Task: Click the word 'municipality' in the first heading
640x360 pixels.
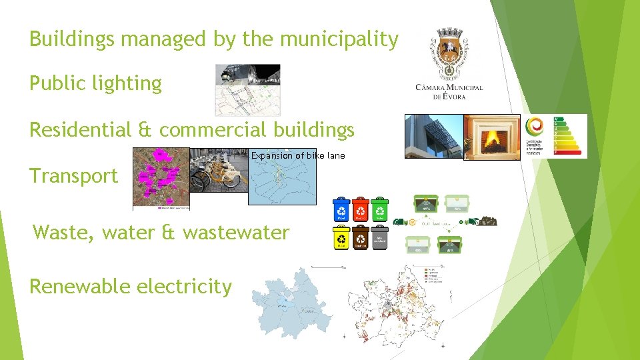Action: (339, 39)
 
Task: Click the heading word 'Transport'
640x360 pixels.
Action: (73, 176)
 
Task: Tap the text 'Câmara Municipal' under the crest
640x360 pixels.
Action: (449, 88)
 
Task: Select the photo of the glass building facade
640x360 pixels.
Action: (434, 136)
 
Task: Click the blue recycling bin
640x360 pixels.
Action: (341, 209)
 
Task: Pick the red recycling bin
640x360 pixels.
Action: (361, 209)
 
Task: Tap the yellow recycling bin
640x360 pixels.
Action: (341, 238)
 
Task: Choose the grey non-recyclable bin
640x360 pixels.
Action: (380, 238)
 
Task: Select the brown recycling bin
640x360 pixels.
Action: (361, 238)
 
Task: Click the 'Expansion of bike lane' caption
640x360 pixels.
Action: (298, 155)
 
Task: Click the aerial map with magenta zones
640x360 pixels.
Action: (161, 177)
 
